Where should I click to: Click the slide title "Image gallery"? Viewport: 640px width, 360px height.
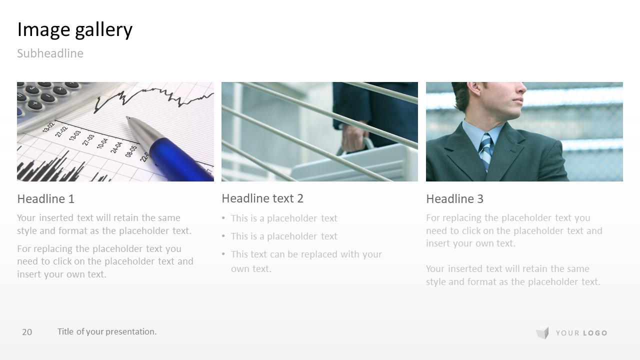point(75,29)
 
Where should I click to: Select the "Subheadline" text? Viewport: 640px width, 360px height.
point(50,53)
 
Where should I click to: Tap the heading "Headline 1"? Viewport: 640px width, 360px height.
point(45,199)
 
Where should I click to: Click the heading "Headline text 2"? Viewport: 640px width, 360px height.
point(262,198)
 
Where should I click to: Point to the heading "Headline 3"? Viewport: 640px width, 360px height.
point(454,199)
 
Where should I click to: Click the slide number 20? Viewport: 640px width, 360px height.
point(27,332)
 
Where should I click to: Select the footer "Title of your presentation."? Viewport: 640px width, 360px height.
point(107,331)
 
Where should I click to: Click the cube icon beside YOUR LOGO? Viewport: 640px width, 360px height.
point(542,333)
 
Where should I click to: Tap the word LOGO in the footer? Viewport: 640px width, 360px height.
point(595,333)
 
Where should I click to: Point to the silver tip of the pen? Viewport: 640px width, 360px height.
point(128,117)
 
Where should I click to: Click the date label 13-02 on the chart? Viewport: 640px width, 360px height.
point(48,127)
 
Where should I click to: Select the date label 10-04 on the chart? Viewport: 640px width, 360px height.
point(102,143)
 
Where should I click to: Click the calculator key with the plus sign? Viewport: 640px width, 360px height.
point(35,104)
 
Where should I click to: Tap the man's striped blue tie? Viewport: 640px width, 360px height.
point(486,151)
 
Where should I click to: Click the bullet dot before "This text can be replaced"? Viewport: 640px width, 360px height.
point(223,254)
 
